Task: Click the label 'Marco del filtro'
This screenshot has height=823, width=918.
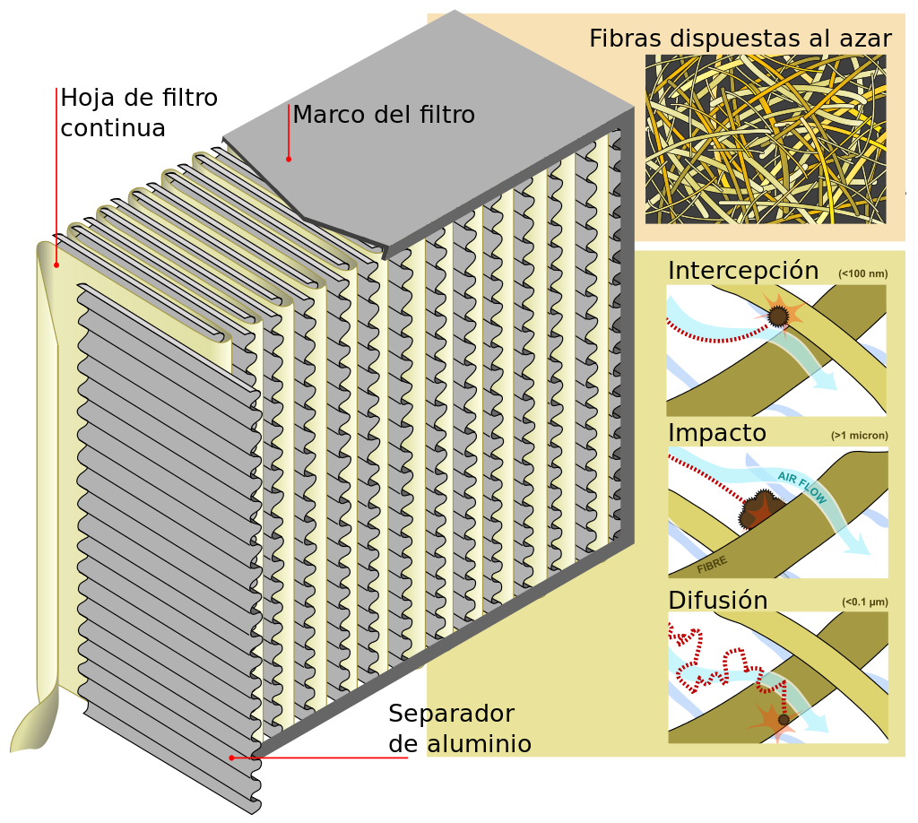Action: pyautogui.click(x=383, y=116)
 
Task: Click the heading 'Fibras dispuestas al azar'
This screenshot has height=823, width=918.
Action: pyautogui.click(x=740, y=39)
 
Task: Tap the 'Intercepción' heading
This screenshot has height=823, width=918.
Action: pyautogui.click(x=743, y=271)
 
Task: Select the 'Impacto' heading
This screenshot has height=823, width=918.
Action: pyautogui.click(x=717, y=434)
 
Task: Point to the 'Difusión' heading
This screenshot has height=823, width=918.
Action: pyautogui.click(x=718, y=601)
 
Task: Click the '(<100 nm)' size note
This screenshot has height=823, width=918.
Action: pyautogui.click(x=862, y=273)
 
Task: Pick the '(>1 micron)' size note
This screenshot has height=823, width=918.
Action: pyautogui.click(x=859, y=437)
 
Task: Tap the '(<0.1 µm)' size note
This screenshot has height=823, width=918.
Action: pyautogui.click(x=864, y=602)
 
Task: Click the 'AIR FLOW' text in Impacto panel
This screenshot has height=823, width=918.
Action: pyautogui.click(x=801, y=488)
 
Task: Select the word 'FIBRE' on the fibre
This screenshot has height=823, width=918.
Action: pyautogui.click(x=712, y=564)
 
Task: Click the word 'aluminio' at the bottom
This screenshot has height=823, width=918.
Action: pyautogui.click(x=475, y=744)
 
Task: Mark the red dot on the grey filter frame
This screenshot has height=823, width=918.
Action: pyautogui.click(x=289, y=159)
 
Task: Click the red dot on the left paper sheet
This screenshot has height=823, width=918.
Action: pyautogui.click(x=56, y=264)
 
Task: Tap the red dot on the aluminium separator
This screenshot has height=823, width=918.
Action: pyautogui.click(x=231, y=758)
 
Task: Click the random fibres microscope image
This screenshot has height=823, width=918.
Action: pyautogui.click(x=765, y=139)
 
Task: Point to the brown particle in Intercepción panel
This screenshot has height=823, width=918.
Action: pyautogui.click(x=778, y=316)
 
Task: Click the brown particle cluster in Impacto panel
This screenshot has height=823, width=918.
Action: pyautogui.click(x=757, y=510)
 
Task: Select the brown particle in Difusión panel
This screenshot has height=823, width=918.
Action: pyautogui.click(x=784, y=719)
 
